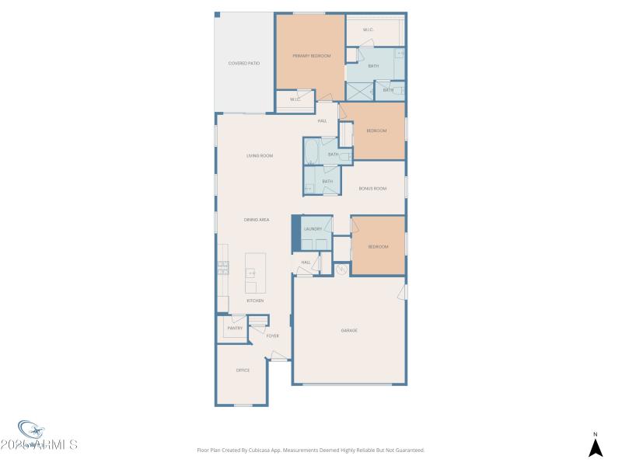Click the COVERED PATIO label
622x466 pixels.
point(243,63)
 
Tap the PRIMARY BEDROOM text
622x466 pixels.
point(311,56)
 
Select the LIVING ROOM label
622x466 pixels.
point(260,156)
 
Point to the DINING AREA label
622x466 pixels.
point(257,221)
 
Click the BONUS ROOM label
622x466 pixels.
point(372,189)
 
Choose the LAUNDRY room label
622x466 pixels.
point(313,229)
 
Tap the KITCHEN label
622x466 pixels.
point(255,301)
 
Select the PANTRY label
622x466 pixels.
point(235,329)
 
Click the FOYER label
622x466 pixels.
point(273,336)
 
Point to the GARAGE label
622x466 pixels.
point(349,331)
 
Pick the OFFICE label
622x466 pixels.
point(243,370)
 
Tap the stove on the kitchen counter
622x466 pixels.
point(222,268)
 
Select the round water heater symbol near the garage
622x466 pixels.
point(341,270)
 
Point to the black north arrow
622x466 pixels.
point(596,448)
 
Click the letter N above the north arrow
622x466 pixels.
point(596,434)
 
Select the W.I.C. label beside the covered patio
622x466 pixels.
point(295,99)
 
